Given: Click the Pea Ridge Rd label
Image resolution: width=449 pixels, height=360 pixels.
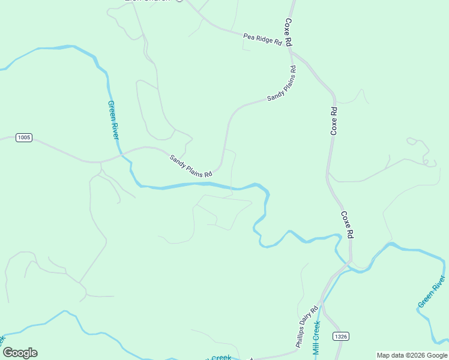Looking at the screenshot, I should pos(262,39).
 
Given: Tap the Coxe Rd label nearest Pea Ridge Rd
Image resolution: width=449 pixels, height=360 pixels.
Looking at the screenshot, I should pos(289,32).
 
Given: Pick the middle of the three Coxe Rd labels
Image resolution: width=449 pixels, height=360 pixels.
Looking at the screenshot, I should pos(334,120).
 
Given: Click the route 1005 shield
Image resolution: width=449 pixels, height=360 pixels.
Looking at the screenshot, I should pos(23,137).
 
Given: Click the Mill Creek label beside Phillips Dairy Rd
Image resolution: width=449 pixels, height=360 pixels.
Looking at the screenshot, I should pos(316,337).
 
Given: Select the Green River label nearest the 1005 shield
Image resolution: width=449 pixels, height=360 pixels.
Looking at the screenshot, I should pos(113,119).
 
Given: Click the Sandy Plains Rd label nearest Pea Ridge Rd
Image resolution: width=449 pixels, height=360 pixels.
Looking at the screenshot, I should pos(282,84).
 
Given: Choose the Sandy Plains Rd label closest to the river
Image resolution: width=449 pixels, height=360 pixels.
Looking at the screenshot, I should pos(191,166).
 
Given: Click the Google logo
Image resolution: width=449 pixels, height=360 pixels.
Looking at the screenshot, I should pos(20,353).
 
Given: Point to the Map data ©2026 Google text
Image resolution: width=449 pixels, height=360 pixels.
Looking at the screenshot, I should pos(412,355).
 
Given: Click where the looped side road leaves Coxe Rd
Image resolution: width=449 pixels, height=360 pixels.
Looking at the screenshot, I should pos(328,174).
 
